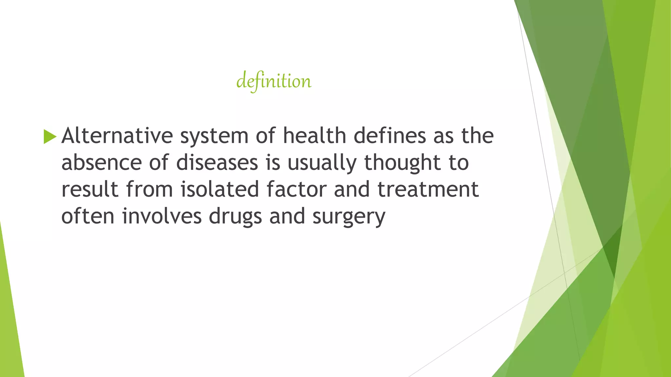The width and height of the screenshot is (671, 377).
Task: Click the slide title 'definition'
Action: (274, 81)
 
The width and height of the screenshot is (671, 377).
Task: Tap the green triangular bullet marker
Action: (50, 136)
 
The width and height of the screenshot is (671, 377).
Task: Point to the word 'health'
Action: (315, 135)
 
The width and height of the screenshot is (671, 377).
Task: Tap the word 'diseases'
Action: (217, 163)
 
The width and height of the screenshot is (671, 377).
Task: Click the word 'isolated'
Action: (220, 189)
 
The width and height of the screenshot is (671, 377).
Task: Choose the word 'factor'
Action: (297, 189)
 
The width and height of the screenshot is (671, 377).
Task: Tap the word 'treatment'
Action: (428, 189)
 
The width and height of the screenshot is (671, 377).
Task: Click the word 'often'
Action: (88, 216)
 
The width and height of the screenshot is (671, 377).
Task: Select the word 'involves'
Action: (162, 216)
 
